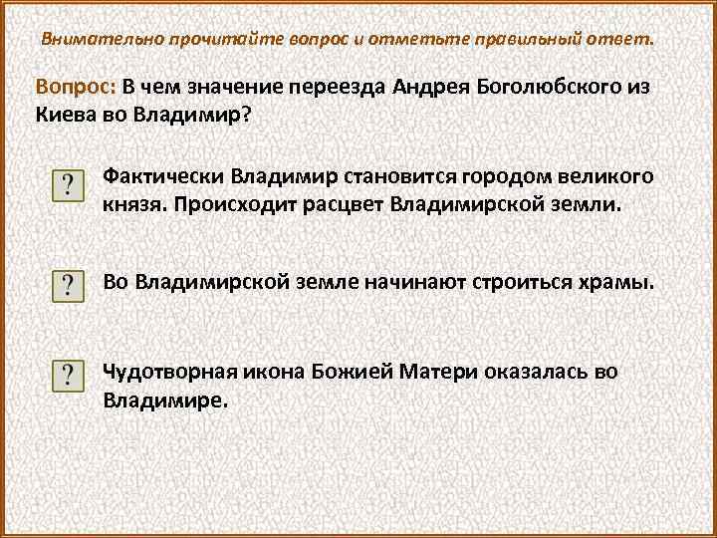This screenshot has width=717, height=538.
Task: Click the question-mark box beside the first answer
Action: [x=67, y=186]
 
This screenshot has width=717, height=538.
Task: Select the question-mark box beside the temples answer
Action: [x=67, y=285]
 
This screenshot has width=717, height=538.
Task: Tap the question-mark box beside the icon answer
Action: [x=67, y=376]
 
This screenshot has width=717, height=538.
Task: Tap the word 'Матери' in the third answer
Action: [x=440, y=373]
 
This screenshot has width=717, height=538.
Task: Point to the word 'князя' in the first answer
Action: [x=131, y=204]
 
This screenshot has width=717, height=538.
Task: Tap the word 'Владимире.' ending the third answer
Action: [x=165, y=400]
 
